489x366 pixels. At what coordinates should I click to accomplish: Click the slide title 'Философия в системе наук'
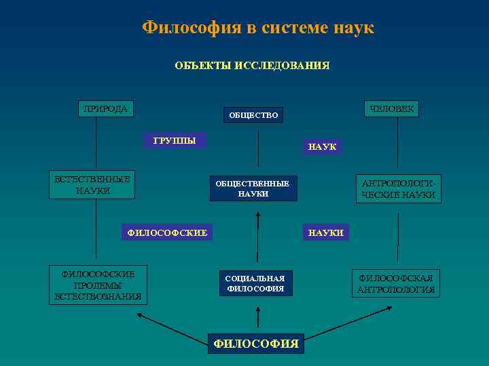(258, 28)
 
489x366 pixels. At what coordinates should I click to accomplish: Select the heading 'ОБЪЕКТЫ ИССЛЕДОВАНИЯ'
(252, 66)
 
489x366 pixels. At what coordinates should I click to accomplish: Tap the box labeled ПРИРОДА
(105, 108)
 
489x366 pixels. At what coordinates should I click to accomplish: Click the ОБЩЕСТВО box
(253, 116)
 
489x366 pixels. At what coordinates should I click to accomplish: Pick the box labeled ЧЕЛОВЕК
(392, 109)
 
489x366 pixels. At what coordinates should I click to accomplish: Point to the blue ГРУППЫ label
(175, 141)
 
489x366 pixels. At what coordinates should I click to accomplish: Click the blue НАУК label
(322, 146)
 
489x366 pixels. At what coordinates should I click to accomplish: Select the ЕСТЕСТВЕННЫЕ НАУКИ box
(93, 184)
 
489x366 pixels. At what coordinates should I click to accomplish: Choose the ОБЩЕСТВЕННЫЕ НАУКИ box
(253, 188)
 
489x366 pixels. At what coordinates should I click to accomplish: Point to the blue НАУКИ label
(326, 232)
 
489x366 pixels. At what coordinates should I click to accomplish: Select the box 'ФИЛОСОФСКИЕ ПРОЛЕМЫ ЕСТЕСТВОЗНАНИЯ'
(98, 285)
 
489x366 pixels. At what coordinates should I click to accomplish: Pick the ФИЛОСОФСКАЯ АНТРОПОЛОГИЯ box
(396, 284)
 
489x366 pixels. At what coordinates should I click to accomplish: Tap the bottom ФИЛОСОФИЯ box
(256, 344)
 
